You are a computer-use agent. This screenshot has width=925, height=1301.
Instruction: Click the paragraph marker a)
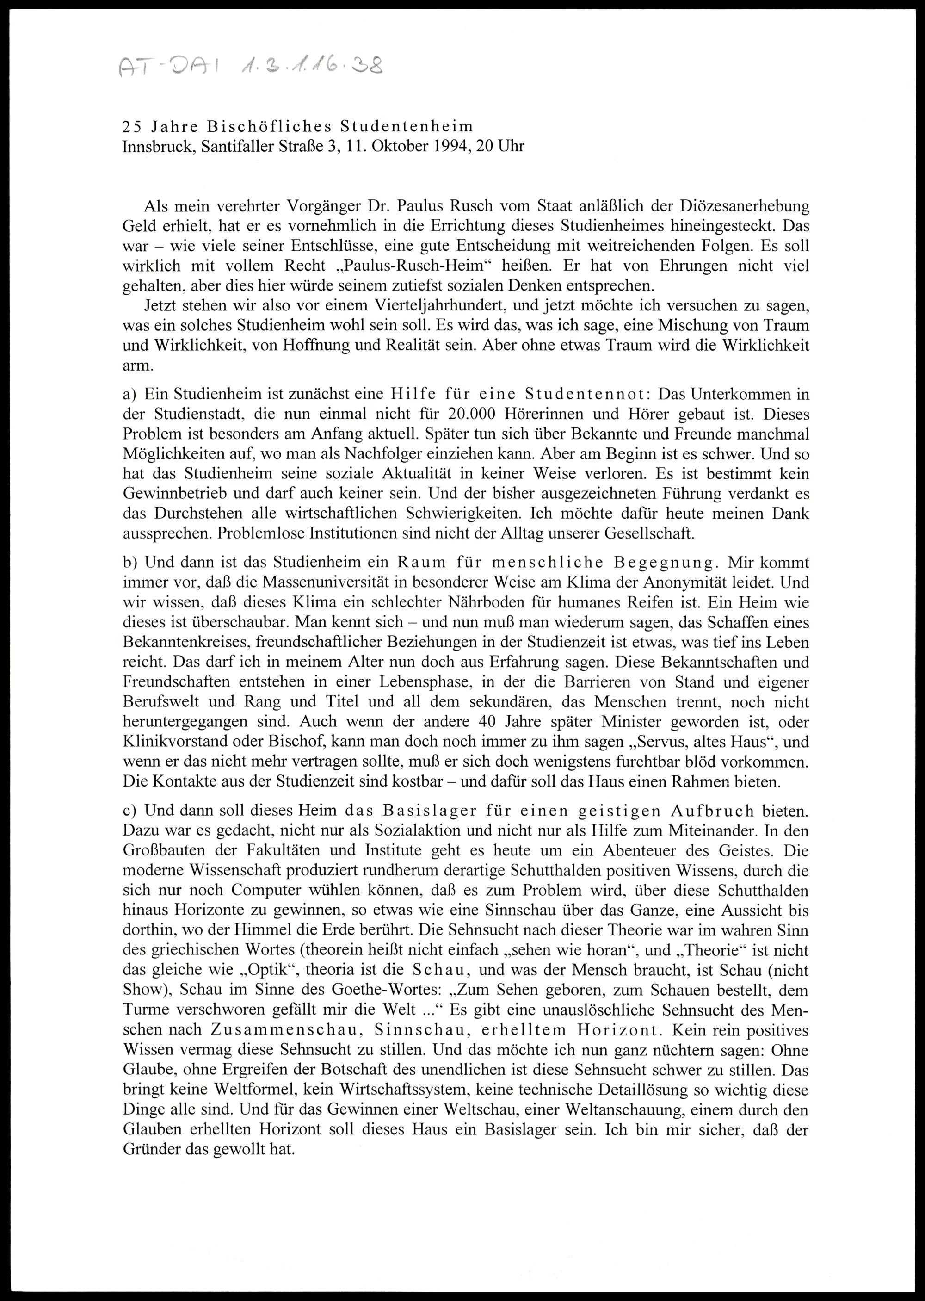point(130,394)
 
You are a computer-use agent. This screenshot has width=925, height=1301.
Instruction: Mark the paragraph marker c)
point(130,811)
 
